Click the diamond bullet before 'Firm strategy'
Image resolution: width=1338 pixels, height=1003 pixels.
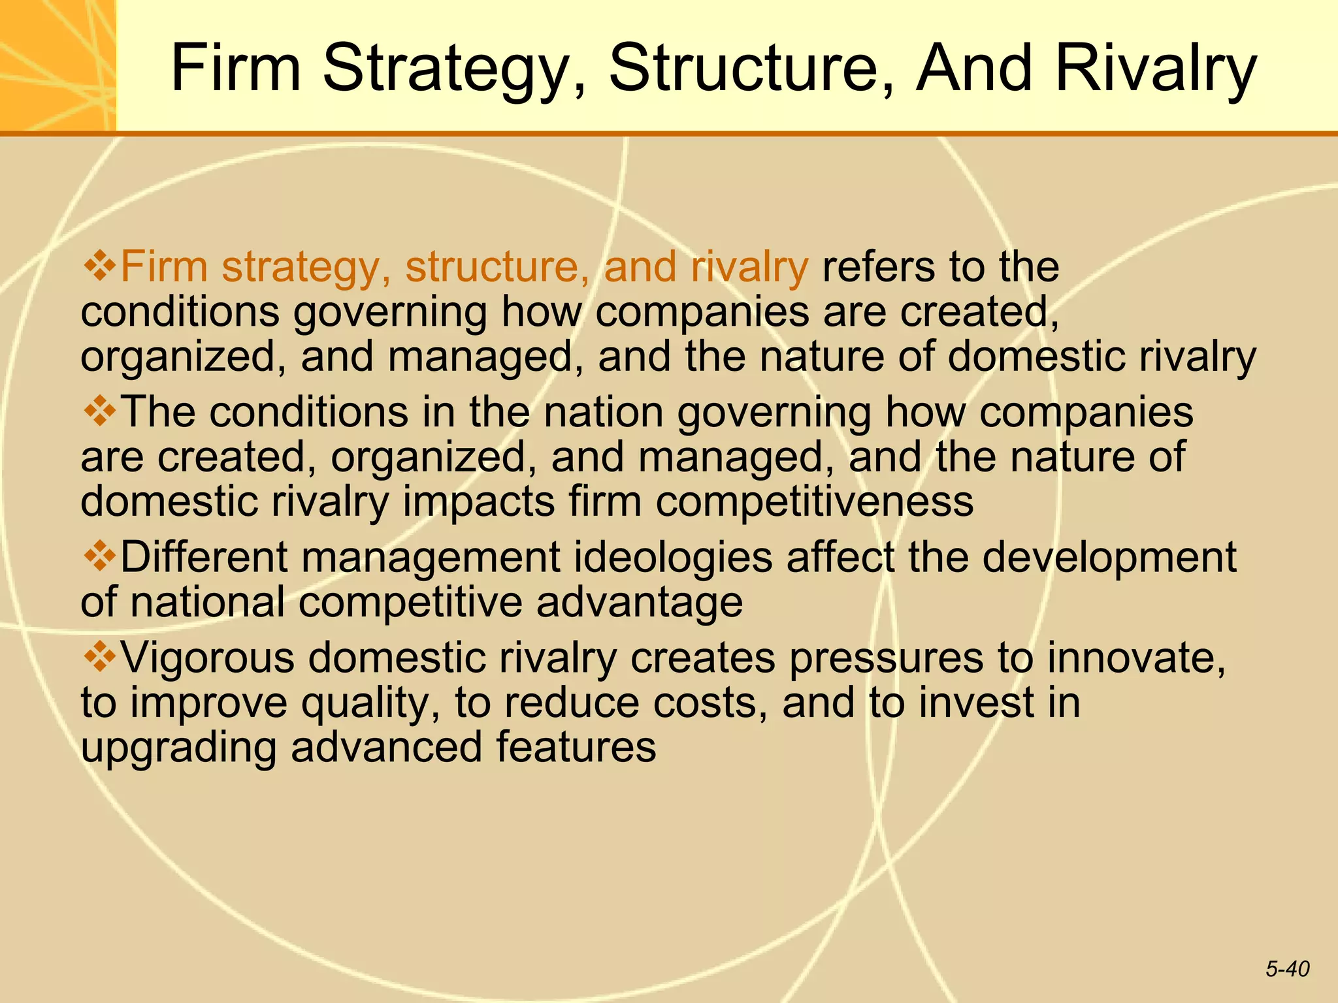pyautogui.click(x=100, y=266)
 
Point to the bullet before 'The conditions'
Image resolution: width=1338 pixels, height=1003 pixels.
pyautogui.click(x=100, y=412)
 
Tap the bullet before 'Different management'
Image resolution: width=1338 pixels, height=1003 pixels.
pyautogui.click(x=100, y=557)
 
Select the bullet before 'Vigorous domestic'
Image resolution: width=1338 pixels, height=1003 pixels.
pyautogui.click(x=100, y=657)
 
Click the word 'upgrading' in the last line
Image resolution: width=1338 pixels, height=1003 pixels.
pyautogui.click(x=178, y=748)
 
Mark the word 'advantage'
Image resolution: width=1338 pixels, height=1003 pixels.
pyautogui.click(x=640, y=602)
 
